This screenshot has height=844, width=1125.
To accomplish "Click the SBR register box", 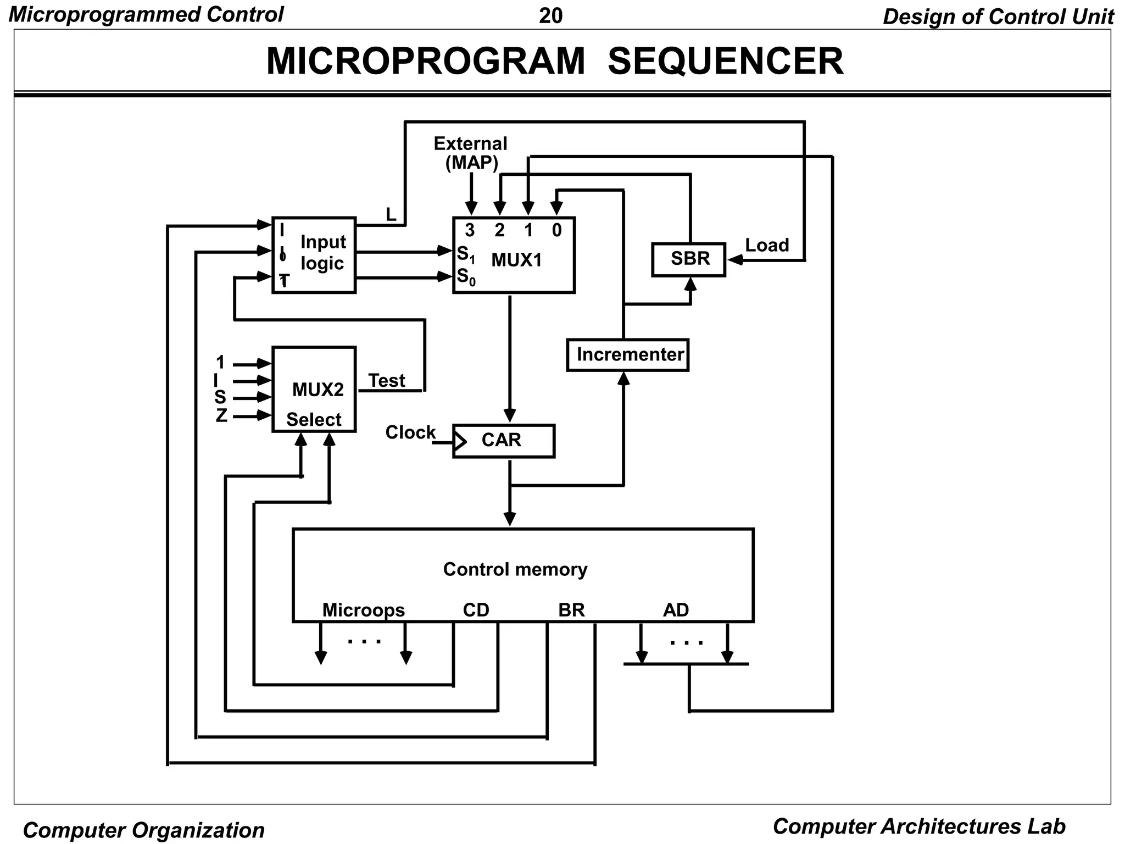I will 689,259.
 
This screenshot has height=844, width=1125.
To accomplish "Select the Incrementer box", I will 627,355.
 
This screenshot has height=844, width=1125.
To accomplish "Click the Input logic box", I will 314,255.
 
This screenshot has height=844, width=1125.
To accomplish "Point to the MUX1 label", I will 516,260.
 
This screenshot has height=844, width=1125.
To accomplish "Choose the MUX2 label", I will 318,390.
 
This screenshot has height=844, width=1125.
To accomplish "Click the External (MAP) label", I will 471,153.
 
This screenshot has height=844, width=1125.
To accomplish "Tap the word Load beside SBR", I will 767,245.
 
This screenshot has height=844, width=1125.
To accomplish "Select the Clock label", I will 410,432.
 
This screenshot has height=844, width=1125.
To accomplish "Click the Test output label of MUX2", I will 386,380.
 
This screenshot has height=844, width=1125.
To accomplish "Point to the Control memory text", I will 515,569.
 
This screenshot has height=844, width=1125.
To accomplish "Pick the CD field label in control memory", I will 476,610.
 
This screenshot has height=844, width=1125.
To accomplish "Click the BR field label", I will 571,610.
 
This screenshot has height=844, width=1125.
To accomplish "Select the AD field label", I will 676,610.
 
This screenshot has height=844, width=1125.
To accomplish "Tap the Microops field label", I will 363,610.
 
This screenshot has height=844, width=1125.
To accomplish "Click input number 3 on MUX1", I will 470,230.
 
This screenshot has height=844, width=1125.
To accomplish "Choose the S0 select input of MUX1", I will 465,276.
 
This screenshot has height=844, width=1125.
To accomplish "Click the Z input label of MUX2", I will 221,415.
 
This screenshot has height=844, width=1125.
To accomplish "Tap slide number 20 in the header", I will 550,16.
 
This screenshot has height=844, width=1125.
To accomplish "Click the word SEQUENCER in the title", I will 725,61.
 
